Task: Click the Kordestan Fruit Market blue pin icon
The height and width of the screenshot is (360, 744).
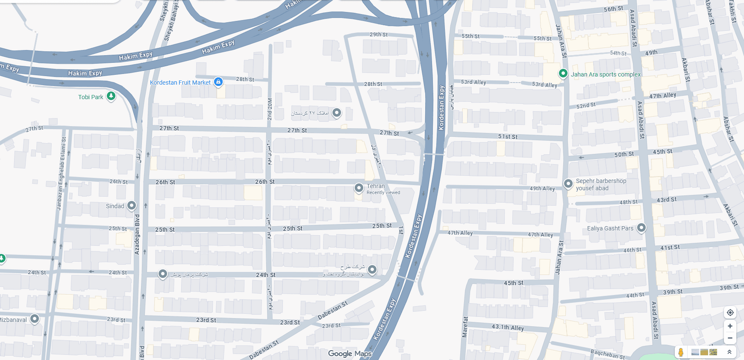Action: (x=218, y=82)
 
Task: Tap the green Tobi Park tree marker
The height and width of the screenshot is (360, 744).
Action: (x=111, y=96)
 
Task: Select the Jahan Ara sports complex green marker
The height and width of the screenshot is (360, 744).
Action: (x=563, y=74)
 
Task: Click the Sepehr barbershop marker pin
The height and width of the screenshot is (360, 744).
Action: (x=568, y=184)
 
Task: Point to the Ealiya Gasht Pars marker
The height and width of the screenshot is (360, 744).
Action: (x=641, y=227)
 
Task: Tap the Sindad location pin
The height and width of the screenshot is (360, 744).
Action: (x=132, y=206)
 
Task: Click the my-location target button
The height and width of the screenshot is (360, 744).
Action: (x=730, y=313)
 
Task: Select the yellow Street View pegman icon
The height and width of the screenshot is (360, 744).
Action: (x=681, y=352)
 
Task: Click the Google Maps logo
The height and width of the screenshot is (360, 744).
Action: (x=350, y=354)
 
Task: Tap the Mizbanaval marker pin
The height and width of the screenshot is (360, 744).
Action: (x=35, y=319)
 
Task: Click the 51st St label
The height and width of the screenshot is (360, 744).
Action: (x=508, y=137)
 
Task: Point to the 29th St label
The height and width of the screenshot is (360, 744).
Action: (x=379, y=35)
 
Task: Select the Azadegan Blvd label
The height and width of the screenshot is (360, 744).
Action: (x=137, y=234)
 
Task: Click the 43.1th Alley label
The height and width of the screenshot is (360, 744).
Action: (x=508, y=328)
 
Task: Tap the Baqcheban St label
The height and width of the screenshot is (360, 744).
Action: (x=608, y=354)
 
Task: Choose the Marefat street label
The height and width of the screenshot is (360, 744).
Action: (x=465, y=327)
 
